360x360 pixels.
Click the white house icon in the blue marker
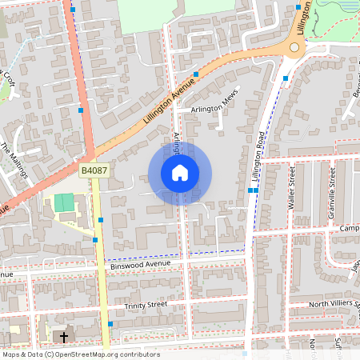180,173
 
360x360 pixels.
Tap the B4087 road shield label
93,170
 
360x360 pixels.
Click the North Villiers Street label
324,302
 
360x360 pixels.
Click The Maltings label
14,160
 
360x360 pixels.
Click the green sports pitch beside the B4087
63,202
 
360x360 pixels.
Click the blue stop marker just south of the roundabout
286,78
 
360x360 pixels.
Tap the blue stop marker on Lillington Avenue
196,73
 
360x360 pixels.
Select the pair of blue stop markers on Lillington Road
253,190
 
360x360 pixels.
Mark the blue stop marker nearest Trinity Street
110,323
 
